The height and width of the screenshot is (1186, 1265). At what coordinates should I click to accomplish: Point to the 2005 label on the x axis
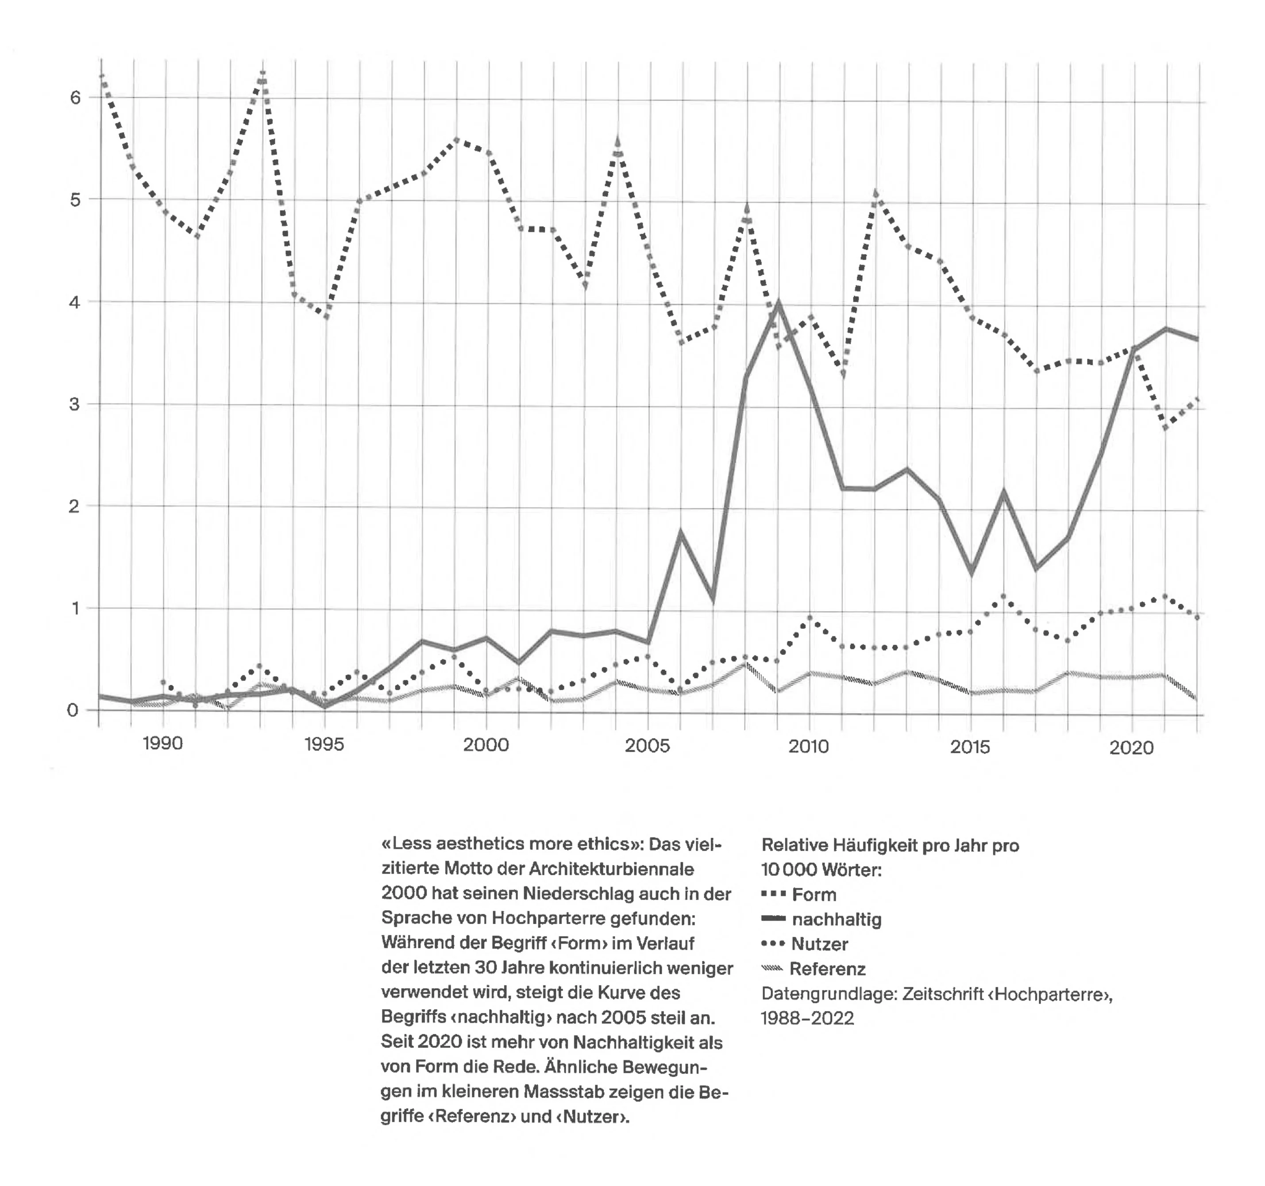647,745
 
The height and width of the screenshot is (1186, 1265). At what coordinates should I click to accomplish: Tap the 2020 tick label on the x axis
1131,747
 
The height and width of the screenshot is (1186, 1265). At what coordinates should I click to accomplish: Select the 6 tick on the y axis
76,97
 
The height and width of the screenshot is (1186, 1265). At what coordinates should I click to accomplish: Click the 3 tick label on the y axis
76,404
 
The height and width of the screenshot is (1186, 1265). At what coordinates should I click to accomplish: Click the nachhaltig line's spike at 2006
681,532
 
